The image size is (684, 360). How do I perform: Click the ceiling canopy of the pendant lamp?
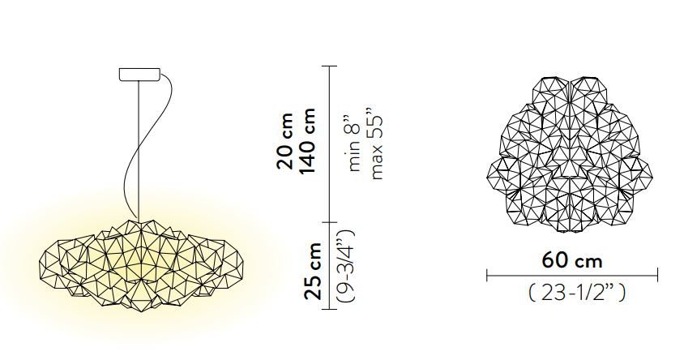[x=139, y=74]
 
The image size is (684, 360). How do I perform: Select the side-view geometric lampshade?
[x=142, y=265]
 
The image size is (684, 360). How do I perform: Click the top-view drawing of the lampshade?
[x=570, y=155]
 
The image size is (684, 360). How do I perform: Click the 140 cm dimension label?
[x=306, y=141]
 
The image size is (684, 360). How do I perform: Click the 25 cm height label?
[x=313, y=271]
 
